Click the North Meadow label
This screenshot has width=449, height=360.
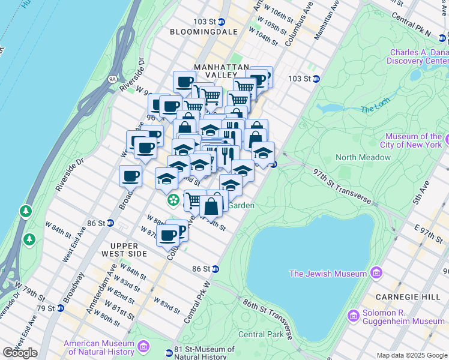click(x=363, y=157)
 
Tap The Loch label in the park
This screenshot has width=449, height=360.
click(x=376, y=109)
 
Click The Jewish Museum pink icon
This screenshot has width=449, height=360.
click(x=376, y=274)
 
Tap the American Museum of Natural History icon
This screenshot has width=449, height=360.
click(x=144, y=346)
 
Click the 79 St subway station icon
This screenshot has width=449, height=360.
click(x=60, y=308)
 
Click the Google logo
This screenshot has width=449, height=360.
click(x=20, y=353)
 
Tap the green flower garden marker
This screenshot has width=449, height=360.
click(x=173, y=199)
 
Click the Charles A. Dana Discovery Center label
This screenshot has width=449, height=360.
click(x=417, y=56)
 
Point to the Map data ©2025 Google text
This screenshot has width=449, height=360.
click(x=412, y=355)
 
